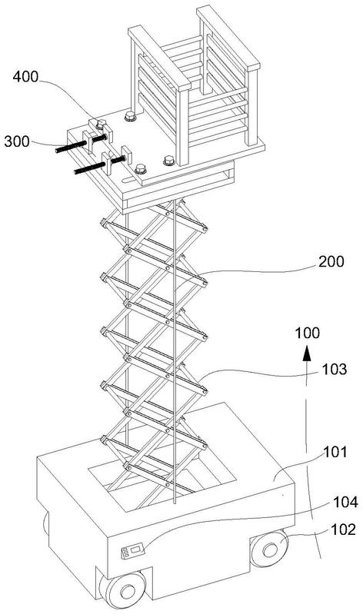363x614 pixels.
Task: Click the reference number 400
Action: pyautogui.click(x=26, y=77)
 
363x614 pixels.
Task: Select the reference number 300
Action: pyautogui.click(x=17, y=141)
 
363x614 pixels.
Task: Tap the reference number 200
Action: pyautogui.click(x=331, y=261)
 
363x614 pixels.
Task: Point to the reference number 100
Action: pyautogui.click(x=308, y=333)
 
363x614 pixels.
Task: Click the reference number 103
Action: pyautogui.click(x=335, y=369)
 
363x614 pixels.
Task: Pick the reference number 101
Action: pyautogui.click(x=335, y=452)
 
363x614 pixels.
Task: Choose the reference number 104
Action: pyautogui.click(x=345, y=502)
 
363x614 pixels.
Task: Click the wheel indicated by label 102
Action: pyautogui.click(x=269, y=548)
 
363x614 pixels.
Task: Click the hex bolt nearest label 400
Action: pyautogui.click(x=102, y=125)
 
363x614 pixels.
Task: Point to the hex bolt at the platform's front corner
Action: pyautogui.click(x=140, y=169)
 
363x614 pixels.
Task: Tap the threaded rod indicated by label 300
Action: pyautogui.click(x=81, y=144)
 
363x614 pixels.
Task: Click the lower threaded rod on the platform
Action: pyautogui.click(x=99, y=165)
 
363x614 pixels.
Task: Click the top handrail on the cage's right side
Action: pyautogui.click(x=228, y=38)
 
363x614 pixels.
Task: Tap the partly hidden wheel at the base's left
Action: pyautogui.click(x=45, y=523)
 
